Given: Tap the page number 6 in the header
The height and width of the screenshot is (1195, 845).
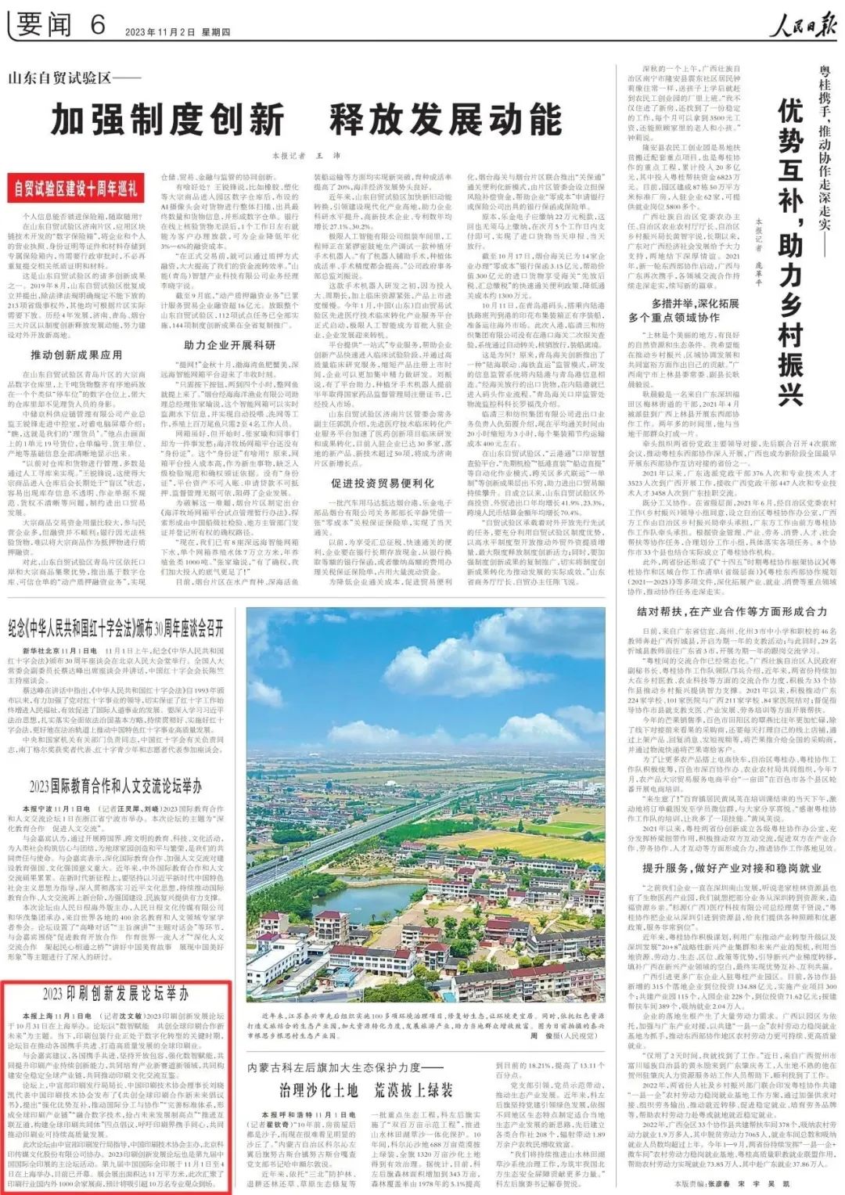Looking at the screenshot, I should click(x=97, y=25).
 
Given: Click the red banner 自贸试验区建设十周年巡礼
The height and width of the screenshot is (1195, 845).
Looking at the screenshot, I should click(x=76, y=189).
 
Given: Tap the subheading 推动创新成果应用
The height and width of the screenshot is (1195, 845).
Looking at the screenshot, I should click(x=76, y=355).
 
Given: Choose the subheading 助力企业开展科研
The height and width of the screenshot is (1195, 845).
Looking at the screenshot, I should click(x=229, y=345).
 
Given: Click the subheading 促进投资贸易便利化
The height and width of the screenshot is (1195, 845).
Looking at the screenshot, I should click(x=382, y=483).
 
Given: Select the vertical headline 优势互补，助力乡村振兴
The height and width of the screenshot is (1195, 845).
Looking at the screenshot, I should click(x=790, y=250).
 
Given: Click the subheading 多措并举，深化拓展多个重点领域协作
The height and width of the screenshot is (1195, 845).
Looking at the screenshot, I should click(x=684, y=310).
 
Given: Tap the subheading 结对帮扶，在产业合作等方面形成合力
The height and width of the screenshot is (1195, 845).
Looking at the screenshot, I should click(x=731, y=612).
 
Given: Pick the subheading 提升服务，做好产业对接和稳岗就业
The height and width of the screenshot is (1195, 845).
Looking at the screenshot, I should click(x=731, y=868).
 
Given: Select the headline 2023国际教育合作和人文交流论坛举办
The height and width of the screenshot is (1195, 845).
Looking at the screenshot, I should click(x=116, y=786).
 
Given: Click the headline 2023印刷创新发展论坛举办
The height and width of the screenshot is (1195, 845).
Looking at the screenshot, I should click(x=116, y=994).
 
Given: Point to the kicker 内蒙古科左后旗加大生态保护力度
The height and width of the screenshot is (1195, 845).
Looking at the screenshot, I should click(x=343, y=1067).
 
